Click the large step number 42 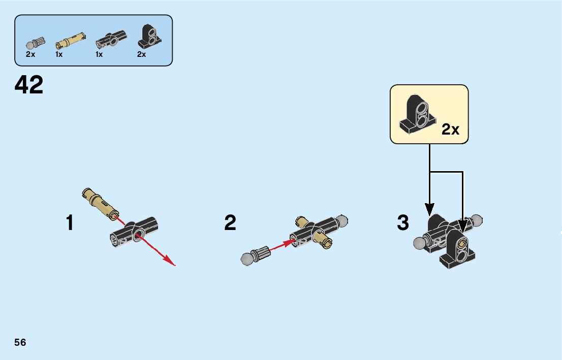pyautogui.click(x=29, y=85)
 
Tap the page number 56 pyautogui.click(x=20, y=342)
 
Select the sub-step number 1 pyautogui.click(x=70, y=223)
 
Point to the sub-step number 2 pyautogui.click(x=230, y=223)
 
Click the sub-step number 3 pyautogui.click(x=403, y=223)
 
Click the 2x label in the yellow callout pyautogui.click(x=450, y=130)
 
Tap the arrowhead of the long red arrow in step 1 pyautogui.click(x=171, y=262)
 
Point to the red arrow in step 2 pyautogui.click(x=282, y=246)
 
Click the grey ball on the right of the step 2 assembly pyautogui.click(x=341, y=221)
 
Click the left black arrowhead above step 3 pyautogui.click(x=429, y=209)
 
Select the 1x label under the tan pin pyautogui.click(x=59, y=54)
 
